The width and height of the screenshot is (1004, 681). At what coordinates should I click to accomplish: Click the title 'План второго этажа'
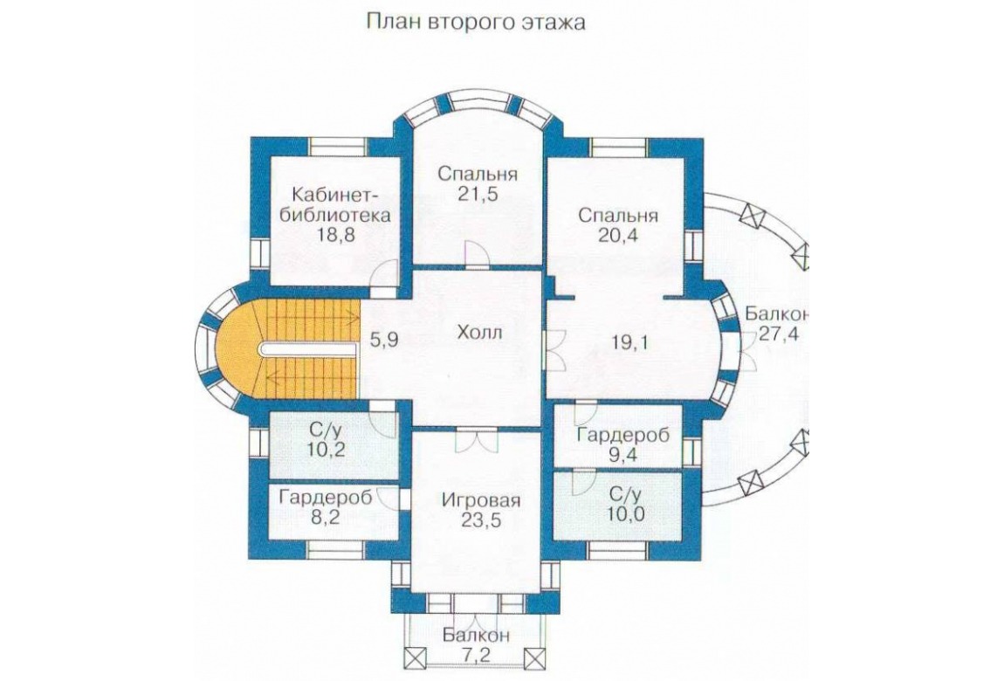click(x=476, y=23)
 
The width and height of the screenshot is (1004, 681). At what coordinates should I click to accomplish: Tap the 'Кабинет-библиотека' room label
click(x=336, y=203)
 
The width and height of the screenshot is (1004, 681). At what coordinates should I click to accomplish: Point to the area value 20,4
click(x=618, y=235)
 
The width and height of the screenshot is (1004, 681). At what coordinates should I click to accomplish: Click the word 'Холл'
click(x=479, y=333)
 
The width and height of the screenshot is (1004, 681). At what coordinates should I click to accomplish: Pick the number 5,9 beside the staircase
click(x=384, y=340)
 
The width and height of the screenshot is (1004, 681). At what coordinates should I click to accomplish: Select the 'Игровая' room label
click(x=482, y=500)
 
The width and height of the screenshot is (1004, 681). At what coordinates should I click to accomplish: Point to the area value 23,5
click(x=482, y=520)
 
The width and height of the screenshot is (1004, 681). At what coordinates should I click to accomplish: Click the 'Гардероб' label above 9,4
click(x=623, y=436)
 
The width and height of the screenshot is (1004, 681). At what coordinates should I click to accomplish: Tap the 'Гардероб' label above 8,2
click(x=326, y=498)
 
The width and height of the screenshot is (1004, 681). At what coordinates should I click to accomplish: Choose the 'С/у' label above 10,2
click(x=326, y=428)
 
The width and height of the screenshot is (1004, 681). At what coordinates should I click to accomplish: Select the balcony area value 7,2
click(x=477, y=656)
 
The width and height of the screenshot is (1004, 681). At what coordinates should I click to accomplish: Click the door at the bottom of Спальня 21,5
click(x=477, y=253)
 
